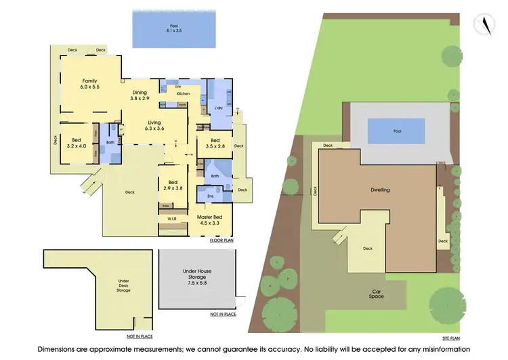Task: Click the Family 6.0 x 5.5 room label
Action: point(89,84)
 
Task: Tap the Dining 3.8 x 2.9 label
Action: point(140,95)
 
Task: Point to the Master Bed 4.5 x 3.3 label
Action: point(211,219)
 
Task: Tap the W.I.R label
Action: point(172,219)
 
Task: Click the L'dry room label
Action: point(219,108)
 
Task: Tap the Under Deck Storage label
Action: point(124,285)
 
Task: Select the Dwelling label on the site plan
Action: point(380,190)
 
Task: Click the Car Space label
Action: point(377,294)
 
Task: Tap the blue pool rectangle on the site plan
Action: point(396,130)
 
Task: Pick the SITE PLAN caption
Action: point(450,337)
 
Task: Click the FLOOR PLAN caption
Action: point(221,240)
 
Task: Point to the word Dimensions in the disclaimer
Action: point(58,349)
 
